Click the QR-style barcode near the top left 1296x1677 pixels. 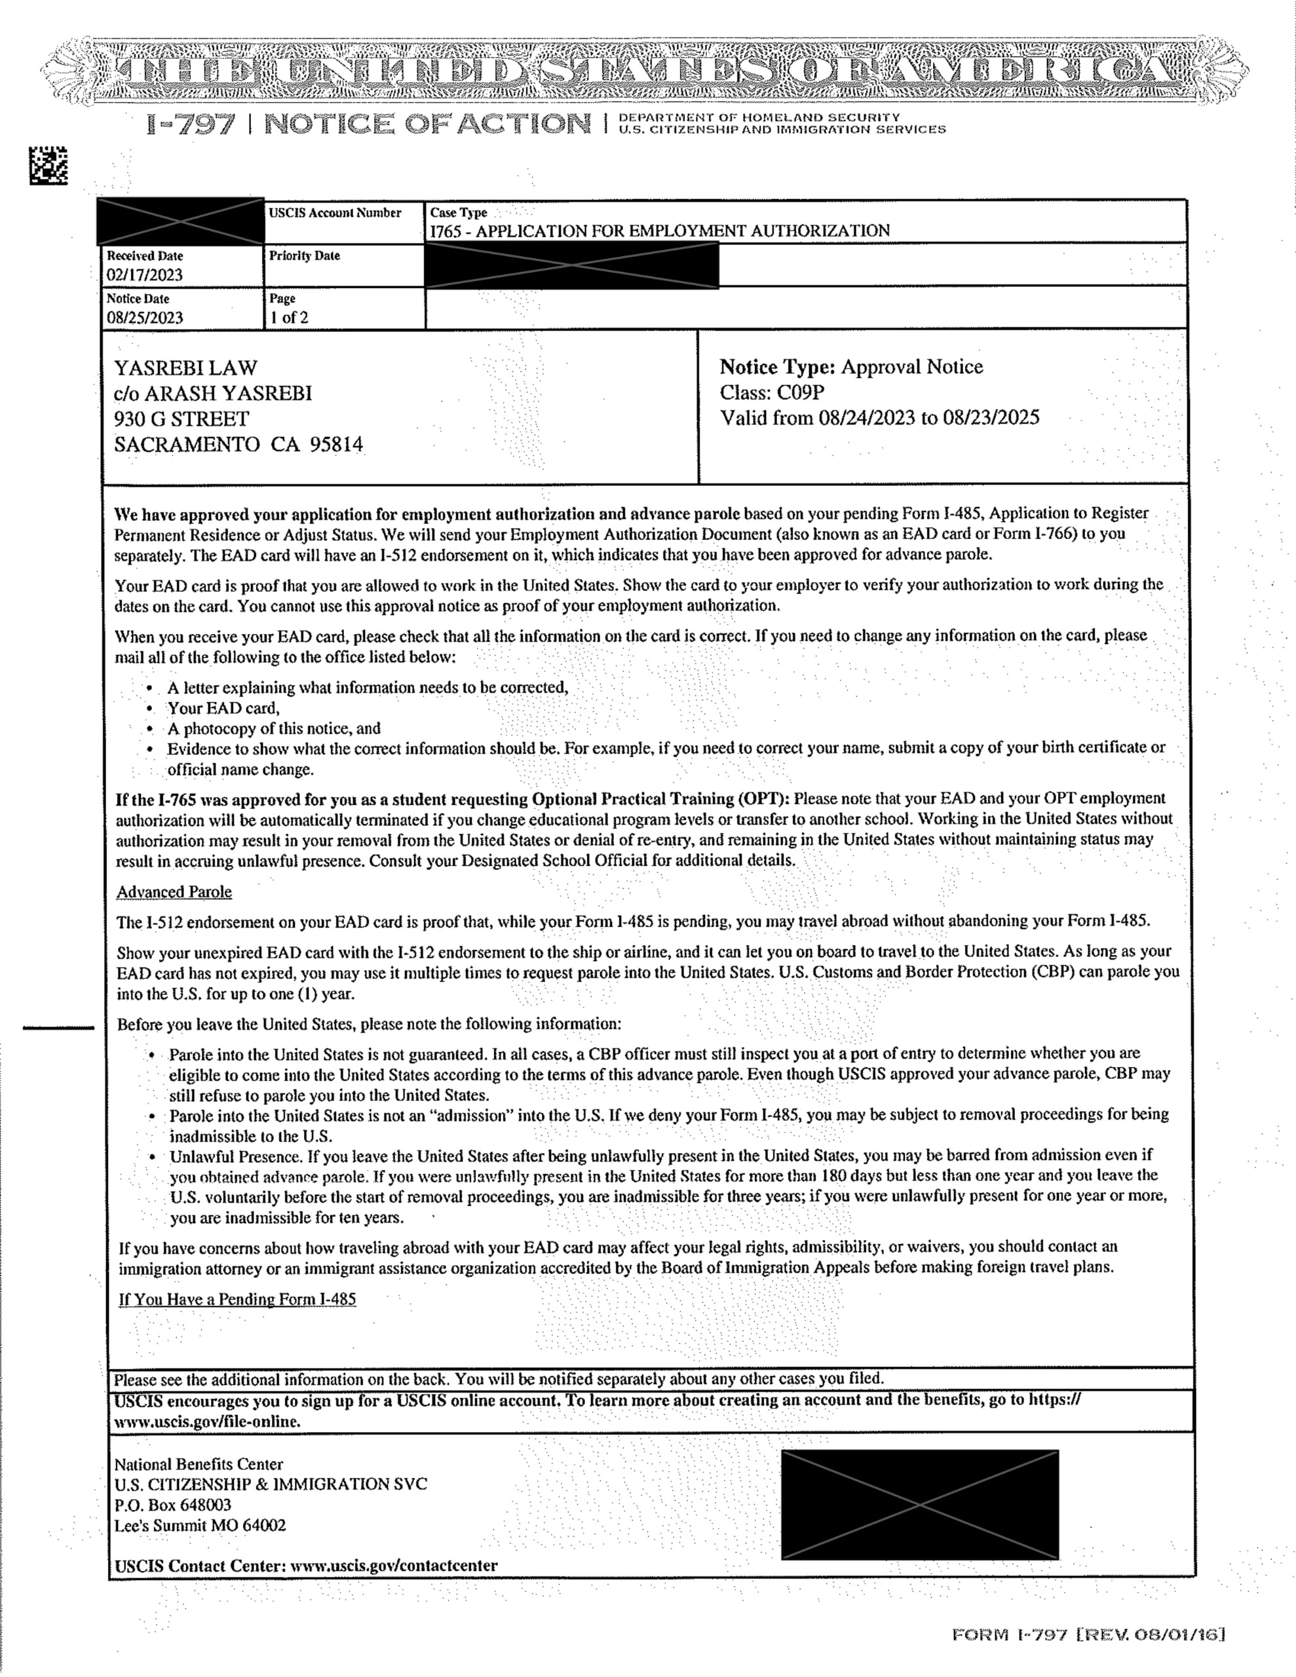48,165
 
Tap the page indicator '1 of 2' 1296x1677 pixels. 289,318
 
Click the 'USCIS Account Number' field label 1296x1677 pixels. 335,213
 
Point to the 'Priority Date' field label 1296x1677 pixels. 304,255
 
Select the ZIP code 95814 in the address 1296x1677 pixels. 335,445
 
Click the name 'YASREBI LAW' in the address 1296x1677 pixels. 186,367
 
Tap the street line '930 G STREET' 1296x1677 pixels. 182,419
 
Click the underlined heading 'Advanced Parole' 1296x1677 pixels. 174,892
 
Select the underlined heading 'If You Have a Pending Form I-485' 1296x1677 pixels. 237,1299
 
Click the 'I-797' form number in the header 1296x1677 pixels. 190,124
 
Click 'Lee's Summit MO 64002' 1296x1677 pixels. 200,1526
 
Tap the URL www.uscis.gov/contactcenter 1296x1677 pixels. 393,1565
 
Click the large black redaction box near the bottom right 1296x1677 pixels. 919,1504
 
